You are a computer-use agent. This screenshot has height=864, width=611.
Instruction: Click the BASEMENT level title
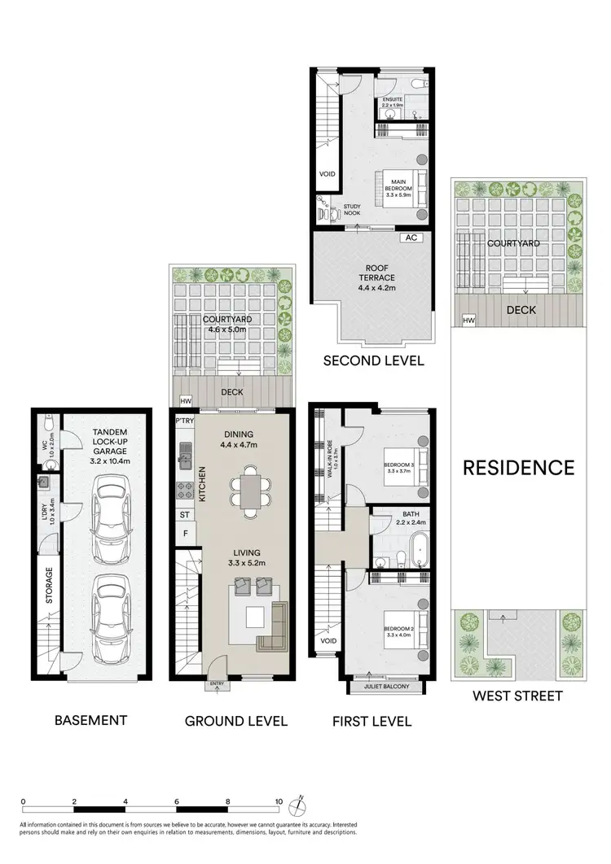click(x=90, y=719)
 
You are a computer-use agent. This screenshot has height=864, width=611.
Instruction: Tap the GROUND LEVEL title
click(x=236, y=720)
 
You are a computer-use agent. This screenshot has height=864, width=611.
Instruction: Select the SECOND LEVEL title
click(x=374, y=360)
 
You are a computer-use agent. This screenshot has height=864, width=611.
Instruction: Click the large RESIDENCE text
click(x=519, y=467)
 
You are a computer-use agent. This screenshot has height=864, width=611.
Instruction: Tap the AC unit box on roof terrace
click(x=411, y=238)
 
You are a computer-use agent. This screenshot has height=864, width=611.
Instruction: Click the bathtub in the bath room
click(x=419, y=551)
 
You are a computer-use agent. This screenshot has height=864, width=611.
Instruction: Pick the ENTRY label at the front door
click(x=218, y=684)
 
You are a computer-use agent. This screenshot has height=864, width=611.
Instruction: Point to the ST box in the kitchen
click(x=185, y=514)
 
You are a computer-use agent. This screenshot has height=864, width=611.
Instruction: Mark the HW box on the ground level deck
click(x=185, y=401)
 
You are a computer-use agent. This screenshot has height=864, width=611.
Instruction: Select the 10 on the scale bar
click(x=279, y=801)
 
